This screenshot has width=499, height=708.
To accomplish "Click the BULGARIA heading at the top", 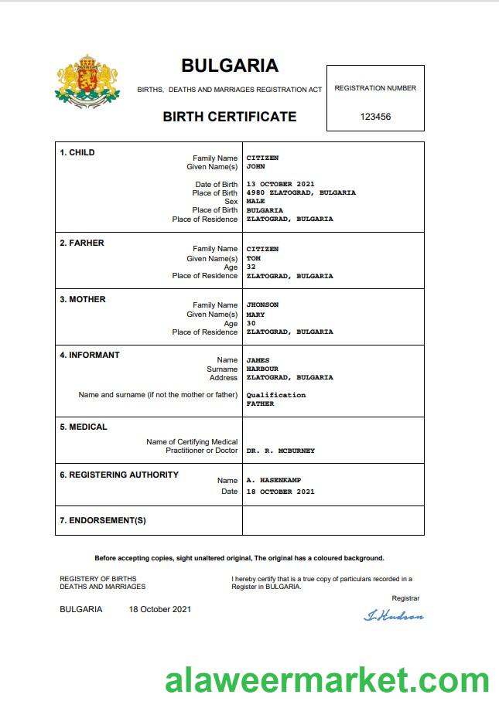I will (x=230, y=66).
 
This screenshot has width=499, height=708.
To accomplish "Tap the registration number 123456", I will (x=375, y=117).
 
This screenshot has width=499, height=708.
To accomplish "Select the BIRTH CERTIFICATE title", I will (x=229, y=117).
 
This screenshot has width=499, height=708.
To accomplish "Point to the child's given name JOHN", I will (x=255, y=166).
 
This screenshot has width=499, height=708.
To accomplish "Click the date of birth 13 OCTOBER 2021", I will (x=280, y=184).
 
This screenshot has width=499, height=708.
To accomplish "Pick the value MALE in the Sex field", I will (x=255, y=201).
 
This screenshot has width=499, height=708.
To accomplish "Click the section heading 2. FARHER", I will (x=82, y=243).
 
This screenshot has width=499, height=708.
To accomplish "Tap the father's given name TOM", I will (x=254, y=258).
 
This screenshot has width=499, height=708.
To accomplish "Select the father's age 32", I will (x=251, y=267).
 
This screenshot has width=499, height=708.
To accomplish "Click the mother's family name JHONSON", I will (x=262, y=305).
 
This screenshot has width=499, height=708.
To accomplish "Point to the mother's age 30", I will (x=251, y=323).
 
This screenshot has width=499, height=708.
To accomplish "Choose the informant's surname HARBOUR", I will (x=262, y=369).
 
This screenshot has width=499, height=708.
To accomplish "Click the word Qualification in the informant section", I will (x=276, y=395).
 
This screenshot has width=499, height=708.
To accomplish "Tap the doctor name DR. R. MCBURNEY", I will (x=280, y=450).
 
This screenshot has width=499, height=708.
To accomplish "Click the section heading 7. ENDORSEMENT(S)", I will (x=103, y=520).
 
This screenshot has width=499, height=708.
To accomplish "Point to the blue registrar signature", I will (x=394, y=615).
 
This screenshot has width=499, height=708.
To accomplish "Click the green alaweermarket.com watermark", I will (x=326, y=682).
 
